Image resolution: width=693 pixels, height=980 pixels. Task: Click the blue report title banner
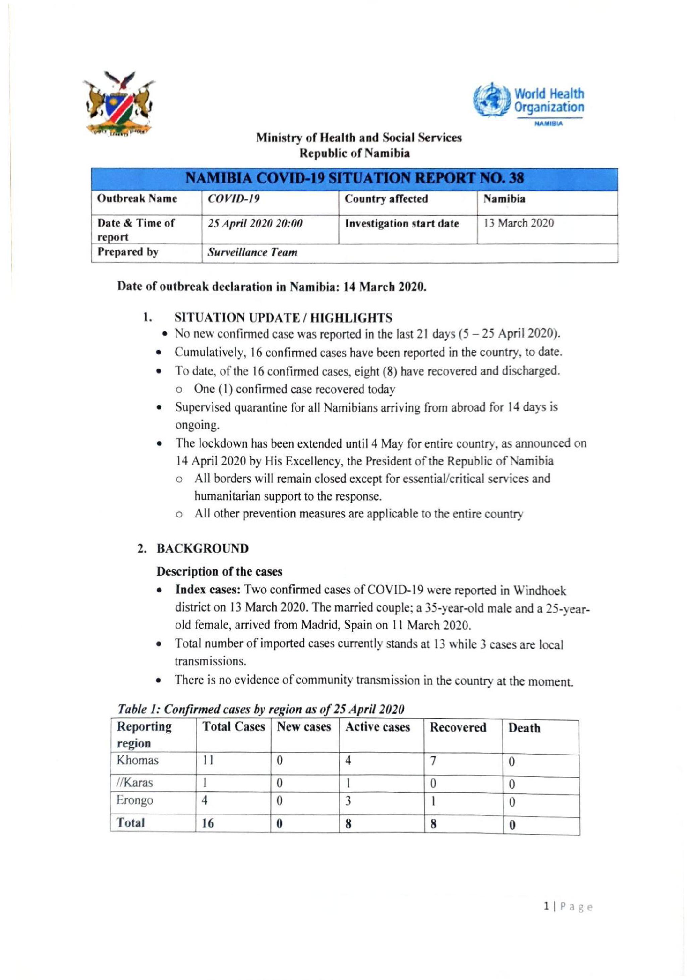(354, 178)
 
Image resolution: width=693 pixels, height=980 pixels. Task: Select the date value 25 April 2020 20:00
(255, 223)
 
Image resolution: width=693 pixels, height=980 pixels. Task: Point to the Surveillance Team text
(252, 252)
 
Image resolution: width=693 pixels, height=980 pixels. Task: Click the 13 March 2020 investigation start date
(518, 223)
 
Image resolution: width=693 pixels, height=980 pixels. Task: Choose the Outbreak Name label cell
(137, 198)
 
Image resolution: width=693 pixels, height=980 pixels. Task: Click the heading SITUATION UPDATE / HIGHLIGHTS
(283, 317)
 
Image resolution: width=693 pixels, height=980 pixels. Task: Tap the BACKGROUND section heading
(202, 549)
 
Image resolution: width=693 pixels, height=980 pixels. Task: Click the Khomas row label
(137, 760)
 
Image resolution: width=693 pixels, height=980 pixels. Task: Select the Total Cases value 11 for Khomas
(208, 761)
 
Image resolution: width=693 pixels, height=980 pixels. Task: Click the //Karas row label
(134, 783)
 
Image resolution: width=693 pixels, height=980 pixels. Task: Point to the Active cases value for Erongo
(348, 801)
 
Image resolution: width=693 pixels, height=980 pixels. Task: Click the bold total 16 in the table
(208, 823)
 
